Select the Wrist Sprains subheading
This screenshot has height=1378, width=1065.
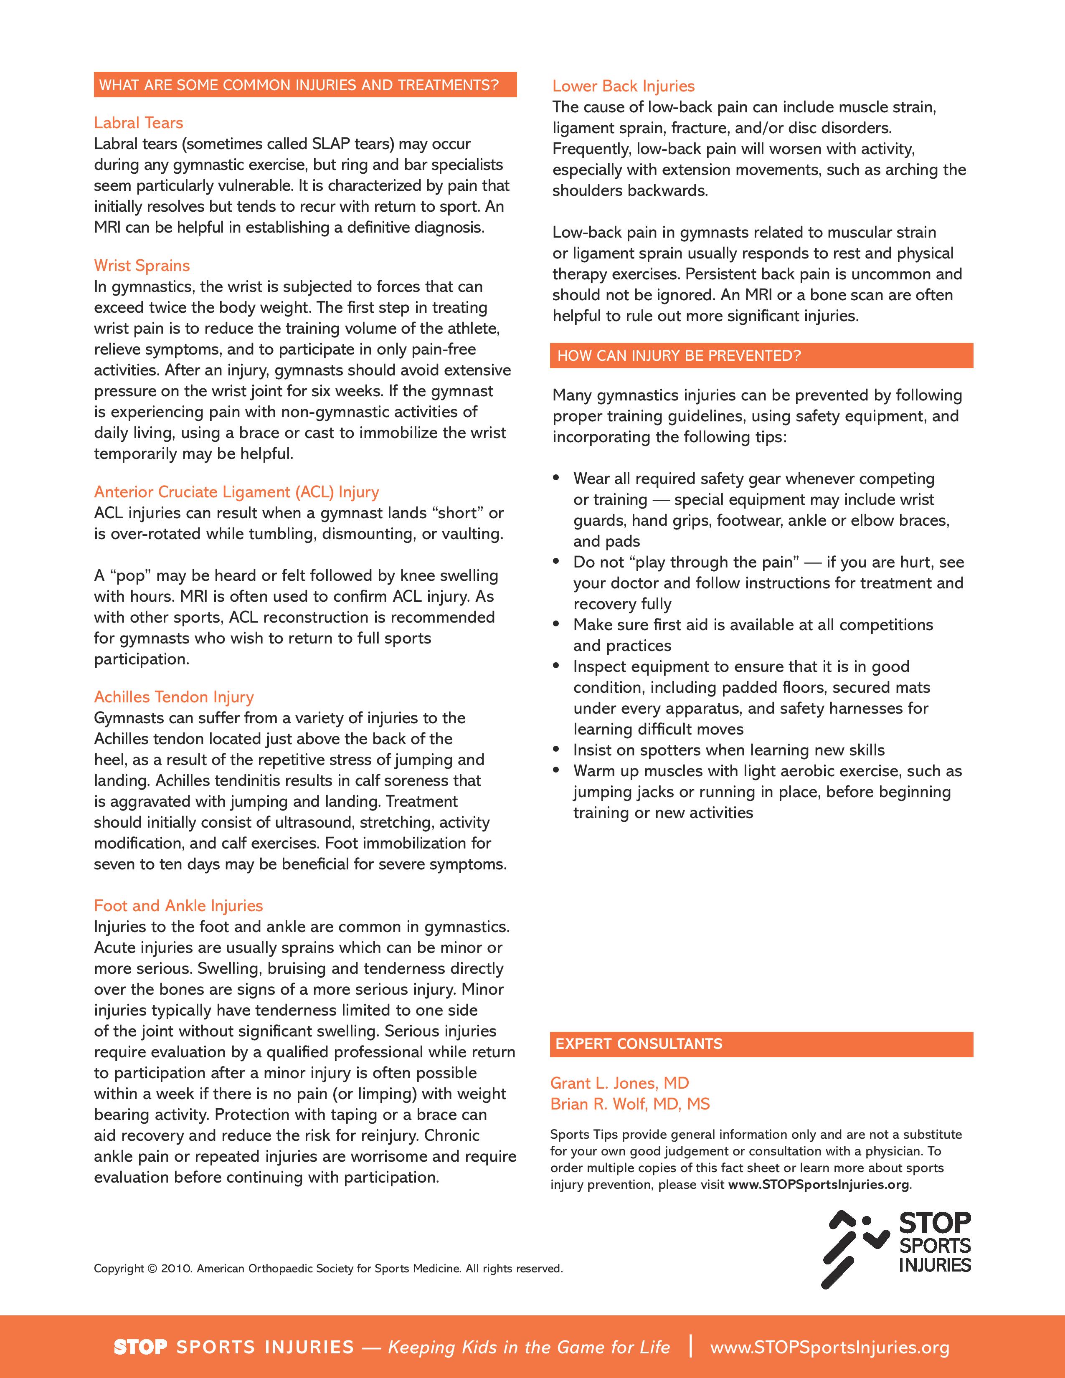[x=142, y=266]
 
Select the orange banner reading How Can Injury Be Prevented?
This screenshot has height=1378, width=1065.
[x=761, y=355]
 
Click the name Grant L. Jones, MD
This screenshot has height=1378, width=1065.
[x=619, y=1083]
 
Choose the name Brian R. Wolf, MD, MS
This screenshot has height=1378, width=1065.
[x=630, y=1104]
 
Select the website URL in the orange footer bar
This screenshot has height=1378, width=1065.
[x=830, y=1347]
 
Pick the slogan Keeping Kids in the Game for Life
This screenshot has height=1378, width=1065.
[x=529, y=1347]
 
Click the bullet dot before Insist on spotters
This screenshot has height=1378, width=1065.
[x=556, y=749]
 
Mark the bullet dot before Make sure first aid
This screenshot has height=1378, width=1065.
[x=556, y=624]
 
